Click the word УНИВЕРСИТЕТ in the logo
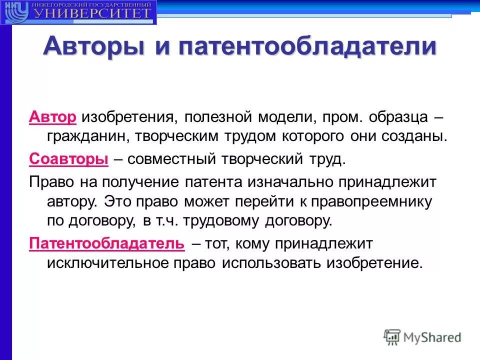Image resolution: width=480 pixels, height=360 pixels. click(92, 13)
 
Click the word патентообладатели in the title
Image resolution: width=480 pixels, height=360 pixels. click(305, 46)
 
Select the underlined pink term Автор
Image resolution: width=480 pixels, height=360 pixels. click(52, 117)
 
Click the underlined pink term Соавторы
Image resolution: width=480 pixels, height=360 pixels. click(69, 159)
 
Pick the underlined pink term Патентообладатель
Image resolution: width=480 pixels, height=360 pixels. click(107, 243)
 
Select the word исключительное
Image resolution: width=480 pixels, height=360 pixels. click(100, 263)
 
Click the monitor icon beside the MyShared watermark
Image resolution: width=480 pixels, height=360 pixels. click(392, 336)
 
